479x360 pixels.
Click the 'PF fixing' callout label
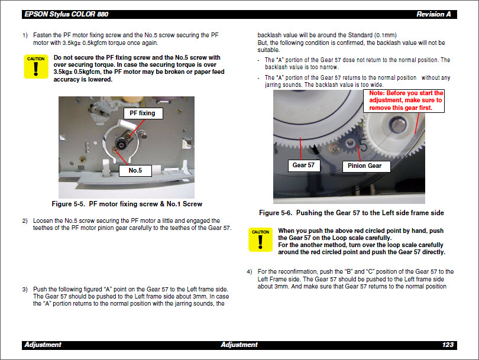[x=143, y=113]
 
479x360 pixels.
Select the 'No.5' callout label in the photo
[x=134, y=171]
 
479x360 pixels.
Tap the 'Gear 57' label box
[x=303, y=166]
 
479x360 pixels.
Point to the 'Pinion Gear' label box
[x=364, y=166]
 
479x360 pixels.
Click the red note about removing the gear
[x=406, y=100]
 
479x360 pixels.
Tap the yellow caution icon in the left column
[x=36, y=67]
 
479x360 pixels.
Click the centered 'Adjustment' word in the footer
[x=239, y=345]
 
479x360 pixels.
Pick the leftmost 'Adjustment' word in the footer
[x=43, y=345]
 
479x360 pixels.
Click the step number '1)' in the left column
[x=25, y=35]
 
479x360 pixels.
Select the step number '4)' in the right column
[x=250, y=271]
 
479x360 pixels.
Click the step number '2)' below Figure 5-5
[x=25, y=221]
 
